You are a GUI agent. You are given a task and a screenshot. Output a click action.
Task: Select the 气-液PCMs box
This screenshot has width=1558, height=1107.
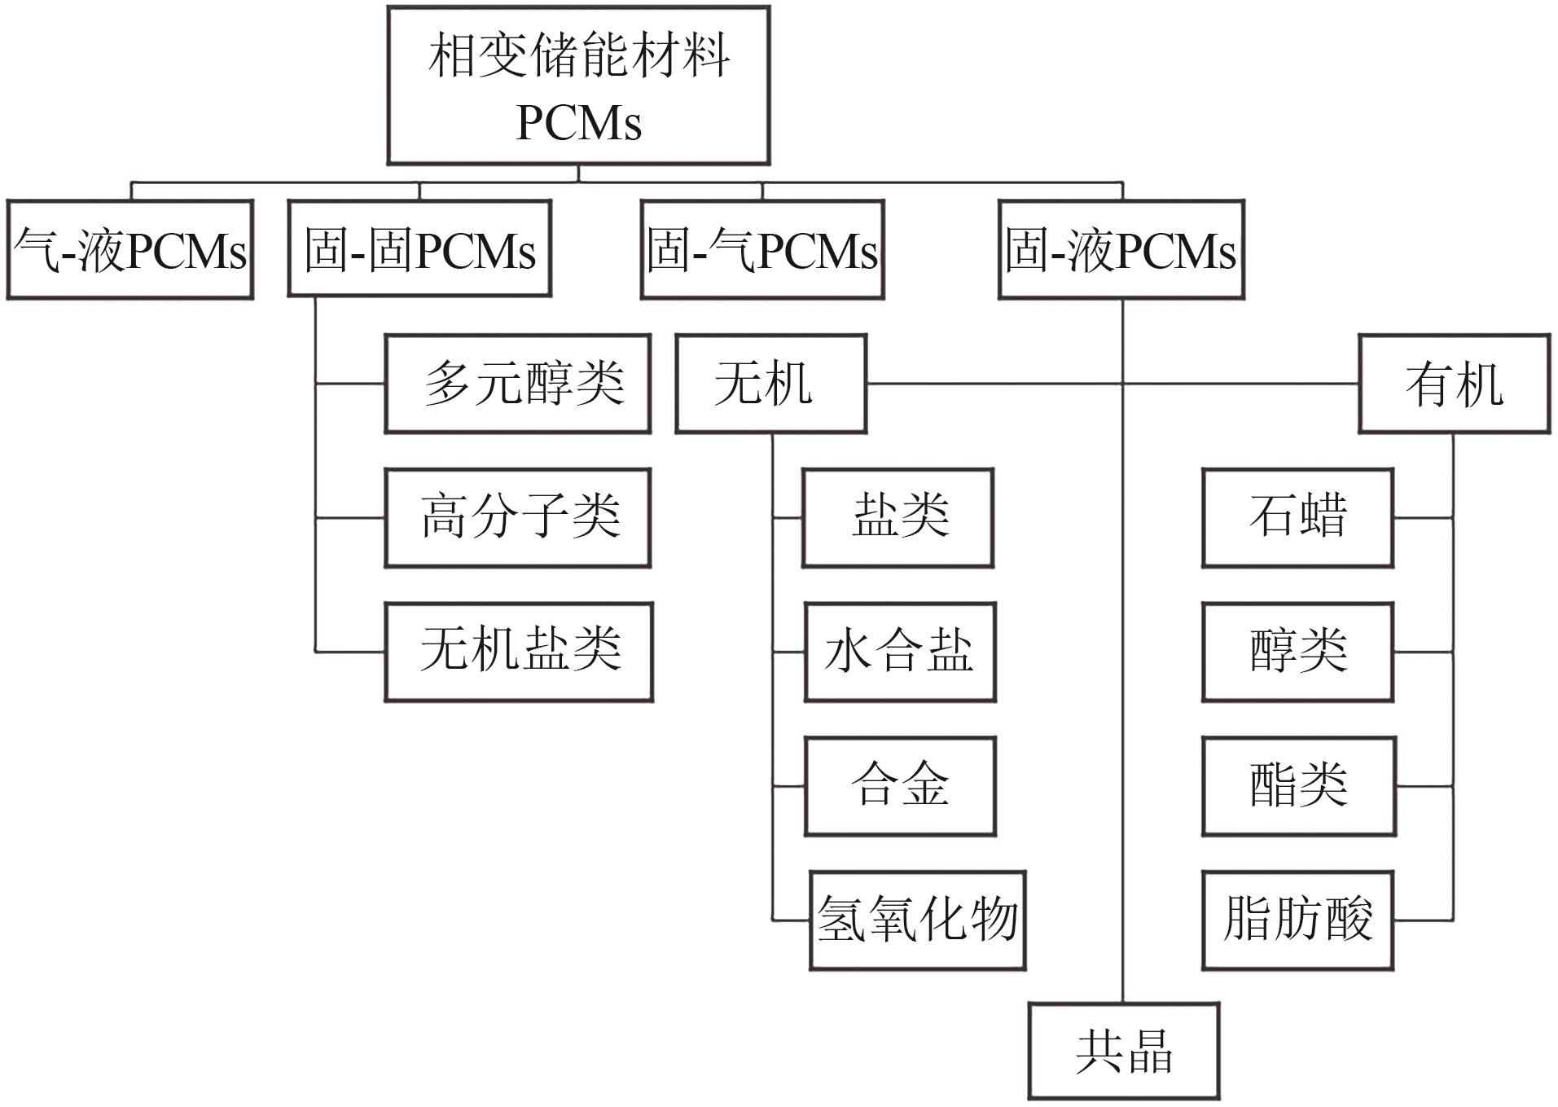point(130,249)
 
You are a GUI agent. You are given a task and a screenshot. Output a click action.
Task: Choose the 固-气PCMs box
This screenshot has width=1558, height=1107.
point(762,249)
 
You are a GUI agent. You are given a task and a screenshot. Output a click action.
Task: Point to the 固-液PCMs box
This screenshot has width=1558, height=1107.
point(1121,249)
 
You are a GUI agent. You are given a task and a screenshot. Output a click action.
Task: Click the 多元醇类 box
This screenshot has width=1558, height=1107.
point(518,383)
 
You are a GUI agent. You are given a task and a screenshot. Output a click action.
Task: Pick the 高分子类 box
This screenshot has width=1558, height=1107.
point(518,517)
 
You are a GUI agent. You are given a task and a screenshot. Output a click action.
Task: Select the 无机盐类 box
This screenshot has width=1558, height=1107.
point(519,652)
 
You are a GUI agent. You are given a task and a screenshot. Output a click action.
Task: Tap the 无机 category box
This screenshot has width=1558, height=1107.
point(770,383)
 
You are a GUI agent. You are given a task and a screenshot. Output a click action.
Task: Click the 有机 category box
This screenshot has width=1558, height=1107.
point(1454,383)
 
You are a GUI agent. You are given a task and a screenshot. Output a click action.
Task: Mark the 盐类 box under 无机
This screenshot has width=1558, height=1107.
point(898,517)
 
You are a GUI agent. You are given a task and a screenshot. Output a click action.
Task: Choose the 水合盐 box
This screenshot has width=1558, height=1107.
point(900,652)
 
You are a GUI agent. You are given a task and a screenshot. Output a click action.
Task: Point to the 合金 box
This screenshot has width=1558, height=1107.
point(900,786)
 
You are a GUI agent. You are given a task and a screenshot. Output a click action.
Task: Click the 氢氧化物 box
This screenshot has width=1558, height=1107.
point(917,920)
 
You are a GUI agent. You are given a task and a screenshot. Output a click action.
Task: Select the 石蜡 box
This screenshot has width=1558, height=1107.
point(1298,517)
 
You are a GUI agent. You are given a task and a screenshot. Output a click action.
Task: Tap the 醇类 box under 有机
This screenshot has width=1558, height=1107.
point(1298,652)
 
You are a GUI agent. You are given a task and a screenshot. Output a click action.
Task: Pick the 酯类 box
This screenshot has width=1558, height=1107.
point(1299,786)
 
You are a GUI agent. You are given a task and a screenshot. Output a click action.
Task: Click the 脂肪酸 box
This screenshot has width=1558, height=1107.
point(1298,920)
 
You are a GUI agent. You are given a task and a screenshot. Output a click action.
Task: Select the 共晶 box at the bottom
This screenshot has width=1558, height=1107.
point(1124,1051)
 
